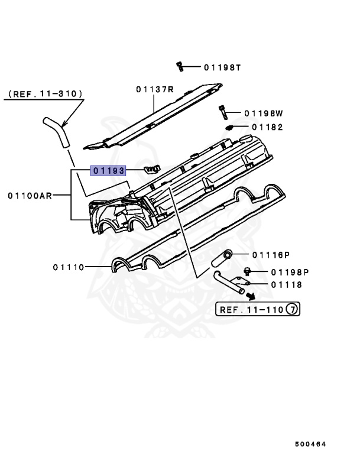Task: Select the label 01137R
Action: pyautogui.click(x=154, y=89)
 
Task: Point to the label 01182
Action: pyautogui.click(x=267, y=127)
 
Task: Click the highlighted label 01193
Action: pyautogui.click(x=108, y=171)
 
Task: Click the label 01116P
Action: pyautogui.click(x=270, y=255)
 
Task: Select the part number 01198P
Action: pyautogui.click(x=290, y=273)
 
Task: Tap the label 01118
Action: pyautogui.click(x=287, y=285)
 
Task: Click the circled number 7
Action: pyautogui.click(x=291, y=309)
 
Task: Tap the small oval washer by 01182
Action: pyautogui.click(x=231, y=127)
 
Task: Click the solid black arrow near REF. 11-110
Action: pyautogui.click(x=251, y=297)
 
